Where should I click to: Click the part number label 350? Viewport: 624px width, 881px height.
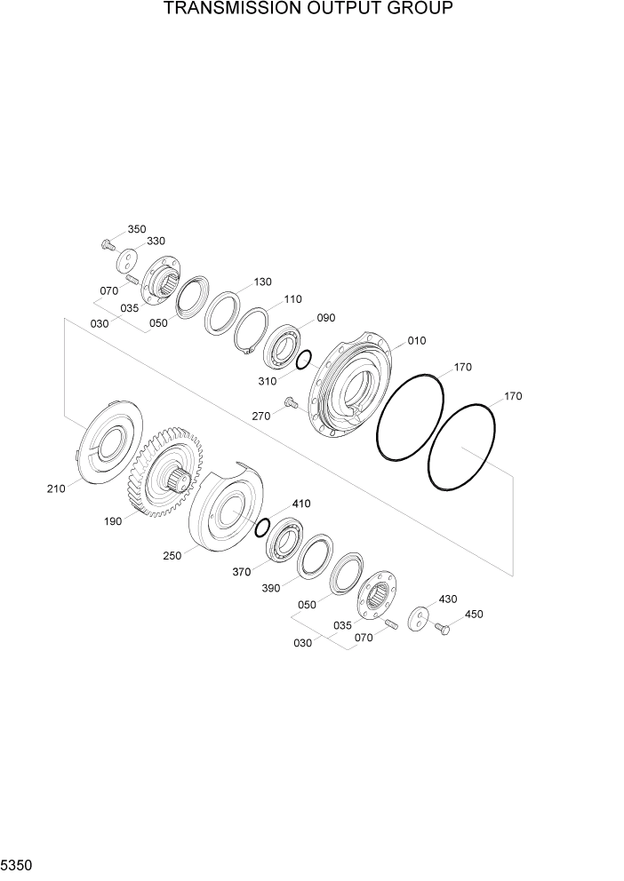[137, 229]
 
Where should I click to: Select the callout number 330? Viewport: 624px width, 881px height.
[156, 241]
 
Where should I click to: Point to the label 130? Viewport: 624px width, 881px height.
[262, 282]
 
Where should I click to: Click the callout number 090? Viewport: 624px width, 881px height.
[326, 318]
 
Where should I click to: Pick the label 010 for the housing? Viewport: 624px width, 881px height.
[417, 341]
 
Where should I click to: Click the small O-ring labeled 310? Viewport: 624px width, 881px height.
[303, 359]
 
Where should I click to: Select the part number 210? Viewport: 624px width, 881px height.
[56, 488]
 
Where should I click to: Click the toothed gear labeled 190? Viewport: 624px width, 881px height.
[163, 472]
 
